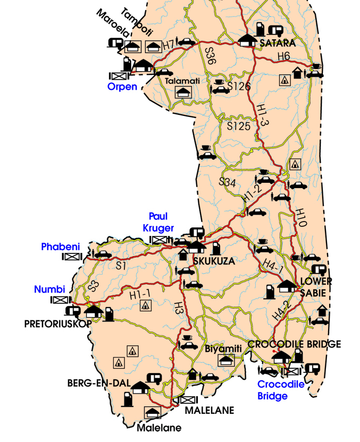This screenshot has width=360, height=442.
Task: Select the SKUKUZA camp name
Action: [x=213, y=261]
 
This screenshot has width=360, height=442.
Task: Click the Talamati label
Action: [x=182, y=81]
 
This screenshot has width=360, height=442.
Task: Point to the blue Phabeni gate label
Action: [x=60, y=246]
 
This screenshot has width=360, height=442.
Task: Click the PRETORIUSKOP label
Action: [x=58, y=323]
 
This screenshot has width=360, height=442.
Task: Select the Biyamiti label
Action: [x=223, y=348]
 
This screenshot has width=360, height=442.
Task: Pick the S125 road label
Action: [x=238, y=126]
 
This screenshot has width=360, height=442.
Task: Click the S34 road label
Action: [x=228, y=182]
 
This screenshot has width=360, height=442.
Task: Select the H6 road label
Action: [x=283, y=56]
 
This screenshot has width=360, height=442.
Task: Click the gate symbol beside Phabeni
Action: [x=71, y=257]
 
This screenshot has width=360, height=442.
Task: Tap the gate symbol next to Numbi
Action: [x=58, y=300]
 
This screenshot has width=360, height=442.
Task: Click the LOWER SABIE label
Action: [x=316, y=285]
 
